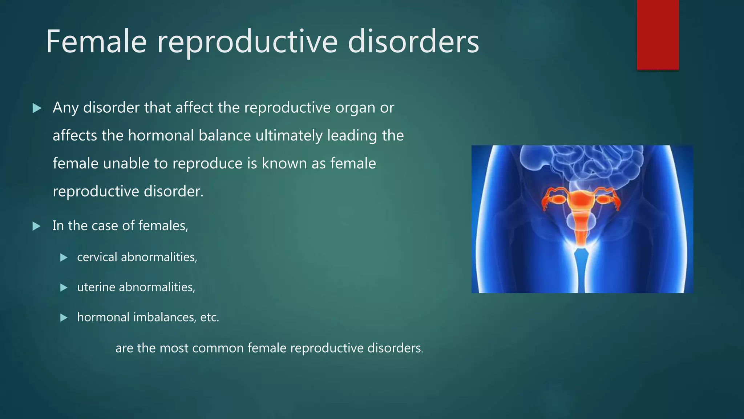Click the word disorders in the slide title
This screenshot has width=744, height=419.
(x=413, y=42)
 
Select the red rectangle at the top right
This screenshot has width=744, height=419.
(x=658, y=35)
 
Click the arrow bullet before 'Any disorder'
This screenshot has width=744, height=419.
(x=37, y=108)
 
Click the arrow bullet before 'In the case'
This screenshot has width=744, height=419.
(x=36, y=226)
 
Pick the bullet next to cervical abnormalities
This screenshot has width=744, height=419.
(x=64, y=258)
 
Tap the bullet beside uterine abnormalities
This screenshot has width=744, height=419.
(x=64, y=288)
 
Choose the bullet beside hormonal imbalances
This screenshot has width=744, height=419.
(x=64, y=318)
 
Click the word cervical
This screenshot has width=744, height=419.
(x=97, y=257)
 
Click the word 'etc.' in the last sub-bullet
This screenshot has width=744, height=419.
(x=210, y=318)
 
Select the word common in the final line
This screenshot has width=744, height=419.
(x=218, y=348)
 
